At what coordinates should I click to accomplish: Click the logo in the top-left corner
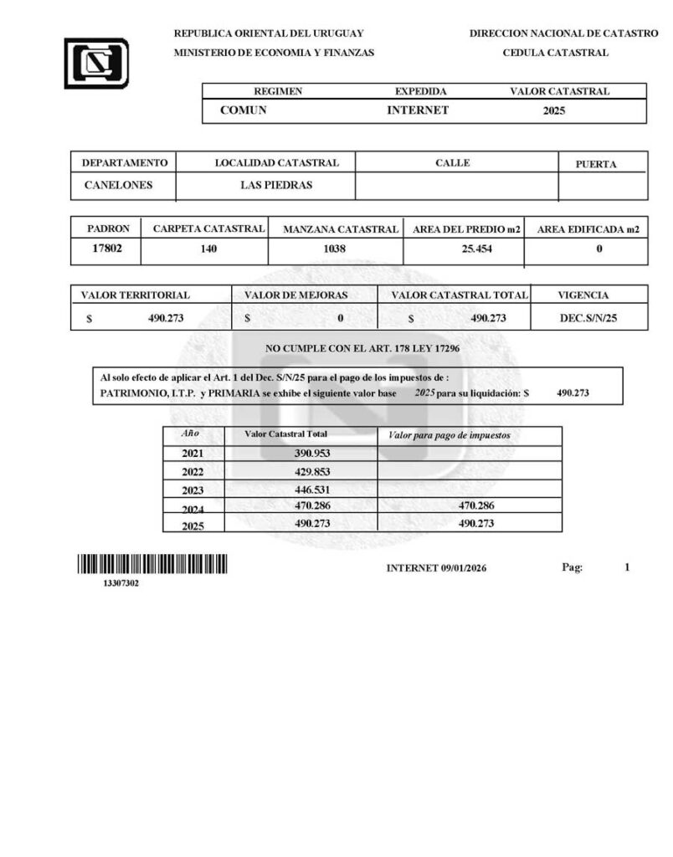[96, 64]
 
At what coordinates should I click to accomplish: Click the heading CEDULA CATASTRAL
[555, 53]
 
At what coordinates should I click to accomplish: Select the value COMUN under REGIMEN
[243, 110]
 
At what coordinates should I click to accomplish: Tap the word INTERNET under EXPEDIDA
[418, 110]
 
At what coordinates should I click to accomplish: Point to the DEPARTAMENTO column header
[125, 163]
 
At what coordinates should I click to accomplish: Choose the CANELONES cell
[119, 185]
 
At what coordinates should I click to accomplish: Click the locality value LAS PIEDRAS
[276, 185]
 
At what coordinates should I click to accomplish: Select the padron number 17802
[107, 248]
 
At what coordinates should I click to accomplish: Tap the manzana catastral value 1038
[334, 249]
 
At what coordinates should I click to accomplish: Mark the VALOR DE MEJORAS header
[295, 295]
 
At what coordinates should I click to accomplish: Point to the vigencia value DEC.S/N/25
[588, 318]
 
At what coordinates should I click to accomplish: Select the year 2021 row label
[193, 454]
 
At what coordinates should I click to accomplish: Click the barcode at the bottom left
[152, 565]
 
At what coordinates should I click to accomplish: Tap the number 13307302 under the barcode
[121, 583]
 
